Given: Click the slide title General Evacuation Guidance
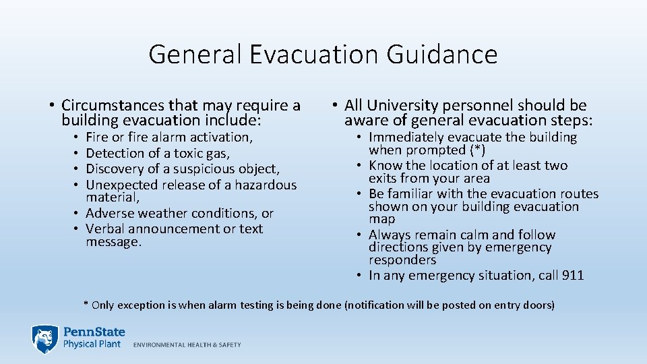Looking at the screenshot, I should (x=323, y=54).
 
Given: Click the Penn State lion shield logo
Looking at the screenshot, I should (x=44, y=338).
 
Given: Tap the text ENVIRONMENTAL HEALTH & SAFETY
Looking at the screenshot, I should (x=187, y=344).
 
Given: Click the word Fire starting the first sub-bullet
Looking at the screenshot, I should (x=98, y=138).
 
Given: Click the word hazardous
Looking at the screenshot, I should (x=266, y=185).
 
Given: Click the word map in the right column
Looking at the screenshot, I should (x=382, y=220).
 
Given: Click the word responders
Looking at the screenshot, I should (x=402, y=260).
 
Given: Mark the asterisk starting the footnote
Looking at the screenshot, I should (x=86, y=305).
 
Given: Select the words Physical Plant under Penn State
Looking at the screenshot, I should (x=92, y=344).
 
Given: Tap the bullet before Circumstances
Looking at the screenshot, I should (x=51, y=106).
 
